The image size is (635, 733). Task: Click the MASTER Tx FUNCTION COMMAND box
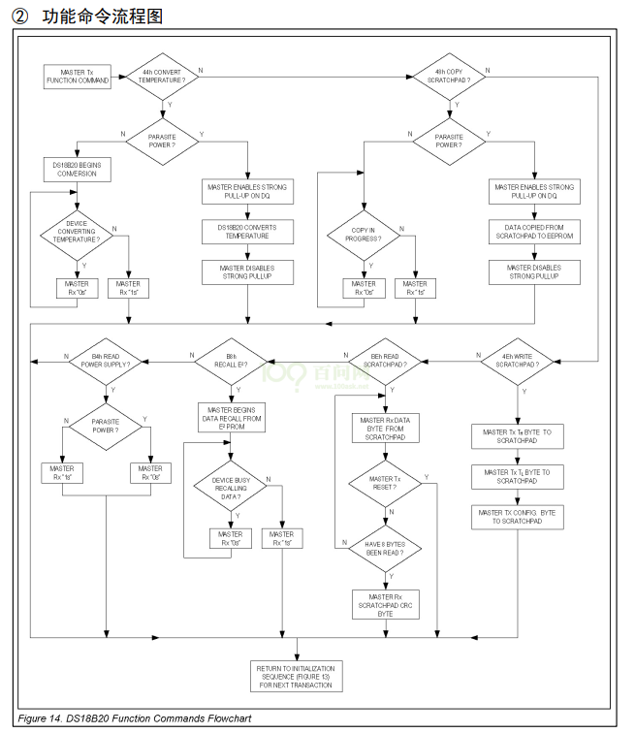(78, 76)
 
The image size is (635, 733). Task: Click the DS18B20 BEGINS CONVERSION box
(76, 170)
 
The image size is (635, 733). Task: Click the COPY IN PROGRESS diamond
(365, 234)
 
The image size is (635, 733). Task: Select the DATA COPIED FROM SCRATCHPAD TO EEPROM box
(534, 232)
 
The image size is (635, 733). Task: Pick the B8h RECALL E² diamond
(230, 360)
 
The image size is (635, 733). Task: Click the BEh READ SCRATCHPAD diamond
(385, 360)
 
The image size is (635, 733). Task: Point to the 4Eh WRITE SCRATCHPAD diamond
(518, 360)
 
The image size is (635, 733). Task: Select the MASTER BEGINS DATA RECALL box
(231, 417)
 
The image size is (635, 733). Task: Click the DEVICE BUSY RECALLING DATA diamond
(231, 488)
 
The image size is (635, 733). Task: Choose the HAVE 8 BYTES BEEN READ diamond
(385, 549)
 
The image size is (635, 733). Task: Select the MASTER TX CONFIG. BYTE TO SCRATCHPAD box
(518, 516)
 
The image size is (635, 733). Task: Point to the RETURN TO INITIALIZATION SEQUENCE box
(297, 676)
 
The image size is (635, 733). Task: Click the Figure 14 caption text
(135, 718)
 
